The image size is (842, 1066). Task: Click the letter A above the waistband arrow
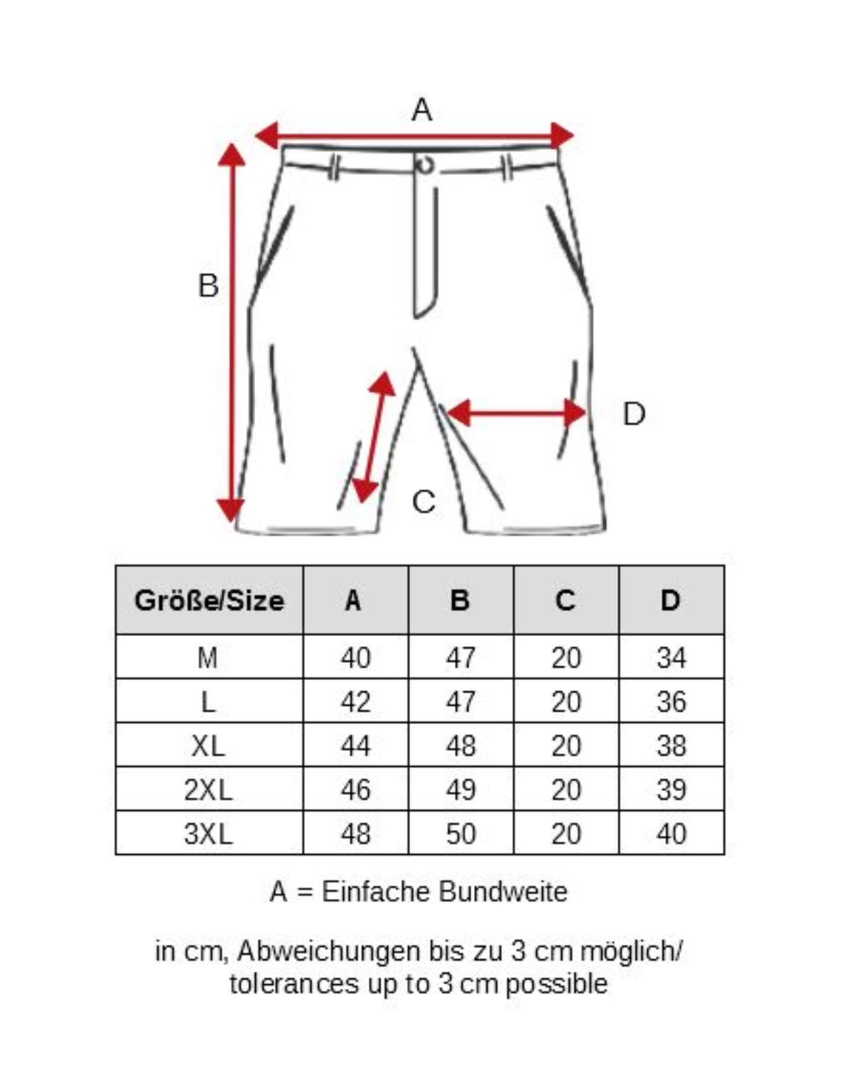pos(421,110)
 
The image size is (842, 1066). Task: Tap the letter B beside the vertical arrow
pos(208,286)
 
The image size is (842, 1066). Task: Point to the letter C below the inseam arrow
pos(423,502)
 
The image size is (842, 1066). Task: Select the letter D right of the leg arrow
pos(634,414)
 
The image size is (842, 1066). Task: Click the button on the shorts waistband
pos(425,165)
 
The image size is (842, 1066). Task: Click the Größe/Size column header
pos(209,601)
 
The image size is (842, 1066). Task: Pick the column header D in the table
pos(671,601)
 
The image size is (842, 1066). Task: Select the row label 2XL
pos(208,790)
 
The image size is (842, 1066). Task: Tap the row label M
pos(208,658)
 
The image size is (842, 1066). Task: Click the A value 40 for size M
pos(355,658)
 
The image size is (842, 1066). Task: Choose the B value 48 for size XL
pos(460,746)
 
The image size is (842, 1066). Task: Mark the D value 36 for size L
pos(671,702)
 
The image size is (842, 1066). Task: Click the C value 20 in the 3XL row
pos(566,834)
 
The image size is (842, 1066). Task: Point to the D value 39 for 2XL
pos(671,790)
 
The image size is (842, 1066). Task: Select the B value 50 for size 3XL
pos(460,834)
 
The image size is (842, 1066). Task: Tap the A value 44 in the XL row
pos(355,746)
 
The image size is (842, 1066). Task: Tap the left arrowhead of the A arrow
pos(266,135)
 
